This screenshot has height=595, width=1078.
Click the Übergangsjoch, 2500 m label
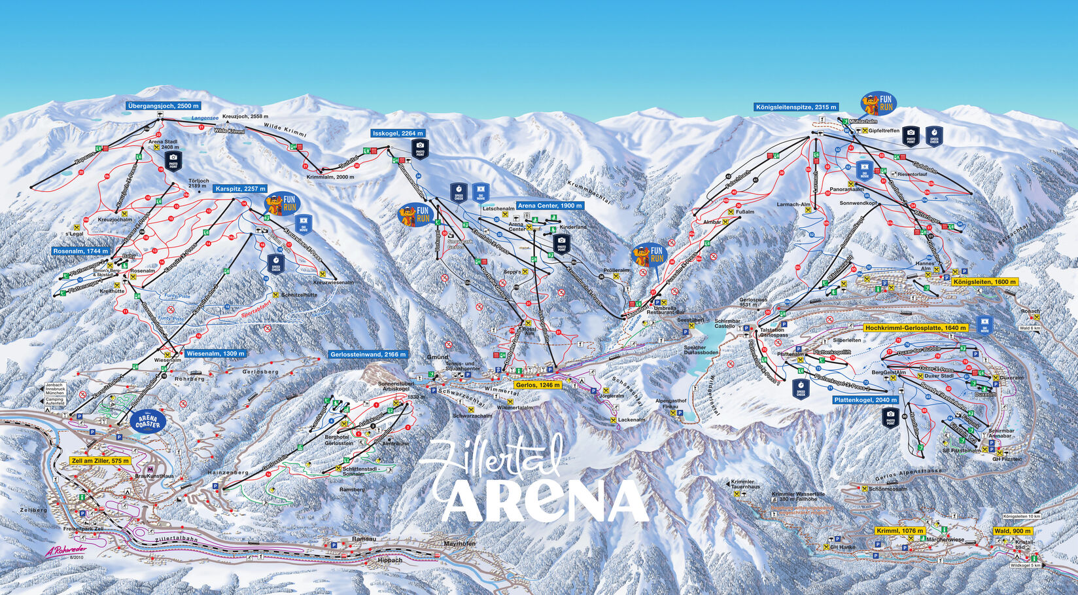(x=163, y=105)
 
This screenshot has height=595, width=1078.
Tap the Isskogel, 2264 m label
(x=398, y=134)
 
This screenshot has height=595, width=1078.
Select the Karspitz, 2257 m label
(x=240, y=189)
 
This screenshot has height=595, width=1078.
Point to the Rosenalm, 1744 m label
(x=81, y=251)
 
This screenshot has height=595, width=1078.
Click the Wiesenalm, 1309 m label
(x=215, y=353)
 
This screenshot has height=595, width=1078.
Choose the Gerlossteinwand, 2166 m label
(x=368, y=354)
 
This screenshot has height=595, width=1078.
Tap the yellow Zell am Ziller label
(x=99, y=461)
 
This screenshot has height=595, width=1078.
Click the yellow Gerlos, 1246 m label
(x=538, y=385)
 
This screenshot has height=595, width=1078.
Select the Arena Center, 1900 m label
(x=549, y=206)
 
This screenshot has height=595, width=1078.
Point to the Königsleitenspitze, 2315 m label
(x=795, y=107)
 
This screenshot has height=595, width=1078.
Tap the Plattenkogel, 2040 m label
(x=865, y=399)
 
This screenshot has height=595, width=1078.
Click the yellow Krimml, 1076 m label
(x=900, y=531)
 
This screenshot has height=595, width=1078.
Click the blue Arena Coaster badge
(x=148, y=420)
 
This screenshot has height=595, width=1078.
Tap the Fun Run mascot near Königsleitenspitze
(x=878, y=103)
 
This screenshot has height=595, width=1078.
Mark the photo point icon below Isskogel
(x=420, y=149)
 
